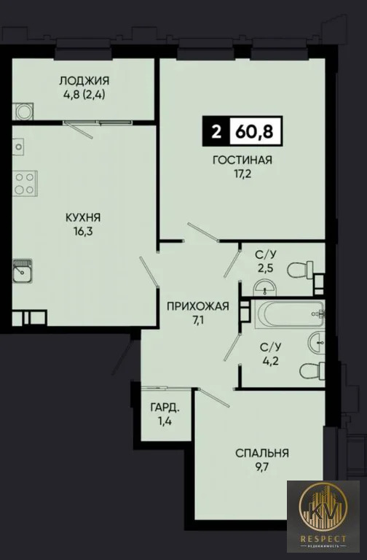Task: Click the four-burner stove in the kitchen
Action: pos(25,182)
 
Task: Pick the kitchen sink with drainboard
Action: pos(23,273)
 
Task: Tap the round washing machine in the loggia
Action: pos(22,112)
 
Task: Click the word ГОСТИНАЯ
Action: pos(243,161)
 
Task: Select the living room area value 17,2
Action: pos(243,175)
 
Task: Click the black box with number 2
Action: pos(215,133)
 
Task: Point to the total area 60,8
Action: pos(253,133)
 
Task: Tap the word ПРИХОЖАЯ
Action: pos(193,307)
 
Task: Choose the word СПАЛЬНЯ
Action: pos(262,453)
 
